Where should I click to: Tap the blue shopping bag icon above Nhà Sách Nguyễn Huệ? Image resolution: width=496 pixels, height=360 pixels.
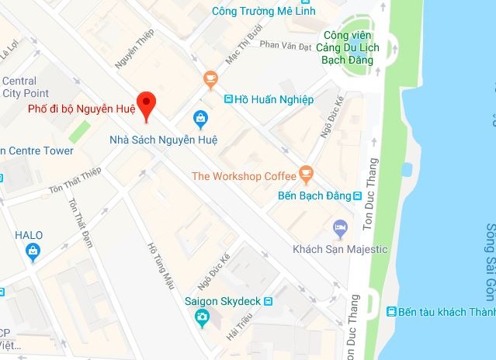coord(201,119)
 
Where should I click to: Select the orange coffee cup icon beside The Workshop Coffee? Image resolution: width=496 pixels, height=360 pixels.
coord(307,171)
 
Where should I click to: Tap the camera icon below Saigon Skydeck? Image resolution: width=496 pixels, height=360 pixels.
coord(202,317)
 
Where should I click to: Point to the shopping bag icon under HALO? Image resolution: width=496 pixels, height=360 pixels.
coord(33,250)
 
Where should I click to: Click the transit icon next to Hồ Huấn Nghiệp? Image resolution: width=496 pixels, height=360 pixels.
coord(228,99)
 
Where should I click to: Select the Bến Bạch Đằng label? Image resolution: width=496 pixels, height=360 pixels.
coord(312,196)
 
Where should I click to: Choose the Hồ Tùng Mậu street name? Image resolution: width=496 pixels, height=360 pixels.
coord(159,268)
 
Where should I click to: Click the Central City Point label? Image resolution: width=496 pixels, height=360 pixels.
coord(19,87)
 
